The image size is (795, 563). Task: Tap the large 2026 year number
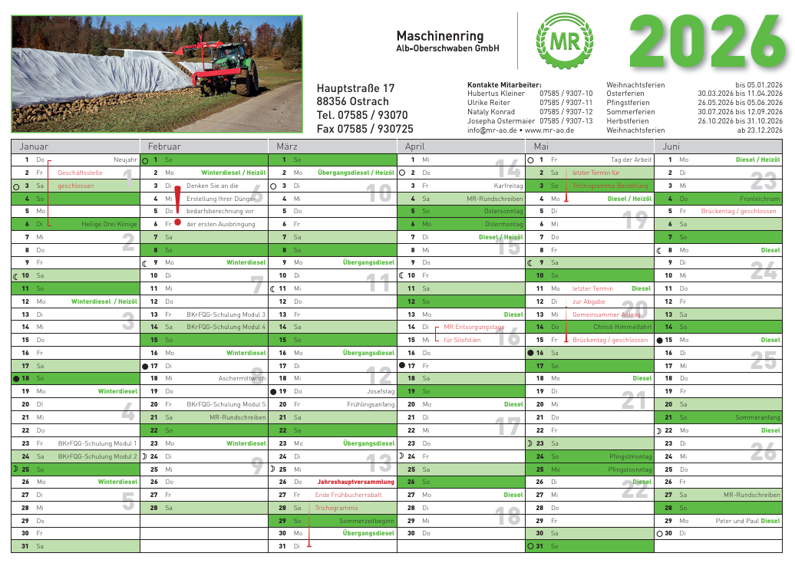pos(706,43)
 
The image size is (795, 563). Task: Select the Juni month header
pos(671,146)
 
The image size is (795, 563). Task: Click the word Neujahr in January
pos(124,160)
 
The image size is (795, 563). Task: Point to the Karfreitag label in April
pos(508,186)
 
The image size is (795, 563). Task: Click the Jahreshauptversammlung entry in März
pos(355,482)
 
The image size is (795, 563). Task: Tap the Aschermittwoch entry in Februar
pos(242,378)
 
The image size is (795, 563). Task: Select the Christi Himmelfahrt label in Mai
pos(622,327)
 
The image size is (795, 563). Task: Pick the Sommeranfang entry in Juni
pos(757,417)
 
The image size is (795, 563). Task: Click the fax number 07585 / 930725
pos(365,129)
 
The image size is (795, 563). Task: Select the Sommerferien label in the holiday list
pos(631,112)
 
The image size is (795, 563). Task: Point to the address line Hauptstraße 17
pos(355,88)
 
